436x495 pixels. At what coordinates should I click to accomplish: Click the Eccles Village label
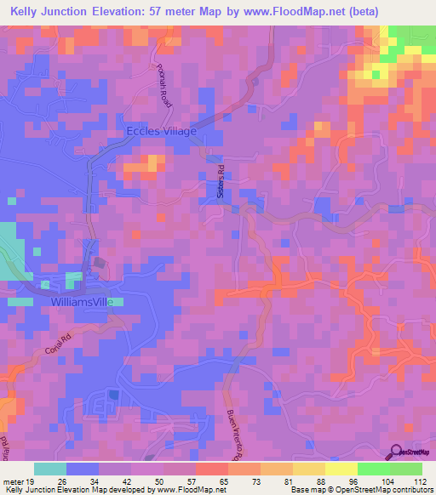click(x=161, y=131)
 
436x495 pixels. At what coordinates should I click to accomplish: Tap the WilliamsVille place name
click(x=88, y=302)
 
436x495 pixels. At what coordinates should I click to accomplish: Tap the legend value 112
click(x=420, y=481)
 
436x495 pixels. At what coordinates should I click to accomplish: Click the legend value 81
click(x=290, y=481)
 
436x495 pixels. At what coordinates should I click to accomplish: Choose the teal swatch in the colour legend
click(x=50, y=469)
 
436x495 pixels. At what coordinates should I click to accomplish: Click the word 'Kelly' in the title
click(x=29, y=11)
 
